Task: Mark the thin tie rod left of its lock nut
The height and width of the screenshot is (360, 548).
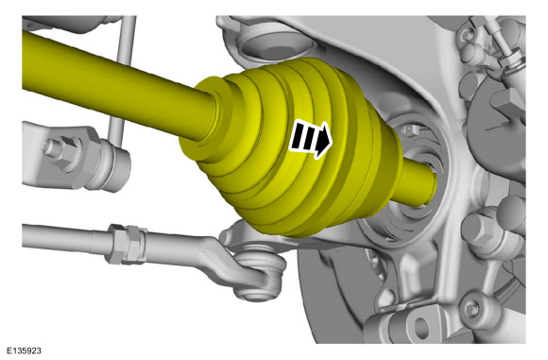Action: [57, 235]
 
